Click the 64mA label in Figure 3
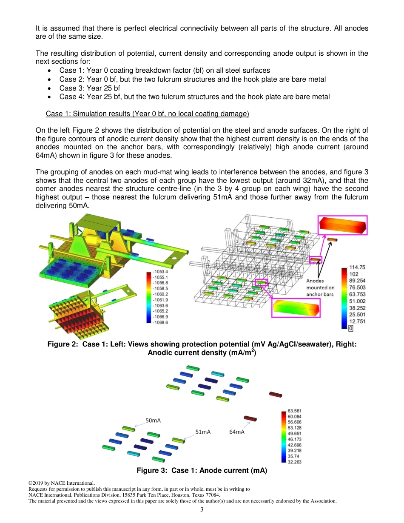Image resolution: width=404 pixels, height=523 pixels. (x=236, y=432)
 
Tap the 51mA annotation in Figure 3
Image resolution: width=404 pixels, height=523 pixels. (x=203, y=432)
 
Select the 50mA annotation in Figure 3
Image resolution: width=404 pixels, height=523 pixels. (x=153, y=420)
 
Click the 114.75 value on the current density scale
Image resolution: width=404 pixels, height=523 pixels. (x=357, y=267)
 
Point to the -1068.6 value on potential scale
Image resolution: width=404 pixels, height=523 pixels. (x=161, y=322)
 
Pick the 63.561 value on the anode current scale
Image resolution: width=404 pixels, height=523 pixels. (x=295, y=411)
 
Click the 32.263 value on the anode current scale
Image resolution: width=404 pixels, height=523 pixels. (x=295, y=461)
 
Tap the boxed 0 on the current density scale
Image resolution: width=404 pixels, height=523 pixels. (x=350, y=328)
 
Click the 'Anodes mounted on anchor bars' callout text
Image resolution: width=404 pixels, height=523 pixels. (x=320, y=287)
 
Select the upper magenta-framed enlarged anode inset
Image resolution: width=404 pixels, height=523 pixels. (x=342, y=225)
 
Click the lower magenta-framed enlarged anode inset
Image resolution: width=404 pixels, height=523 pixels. (x=296, y=307)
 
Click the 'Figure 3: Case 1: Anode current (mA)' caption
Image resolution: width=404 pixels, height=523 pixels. (x=202, y=470)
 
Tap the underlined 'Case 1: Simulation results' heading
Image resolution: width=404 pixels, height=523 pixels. (x=147, y=114)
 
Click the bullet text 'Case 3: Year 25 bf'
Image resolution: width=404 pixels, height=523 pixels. (x=89, y=88)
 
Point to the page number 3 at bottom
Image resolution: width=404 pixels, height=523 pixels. (x=202, y=510)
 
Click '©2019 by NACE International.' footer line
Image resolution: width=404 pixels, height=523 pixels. (x=61, y=483)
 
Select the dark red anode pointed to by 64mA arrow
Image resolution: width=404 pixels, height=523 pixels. (x=250, y=418)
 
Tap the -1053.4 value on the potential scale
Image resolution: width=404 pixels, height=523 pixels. (x=161, y=271)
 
